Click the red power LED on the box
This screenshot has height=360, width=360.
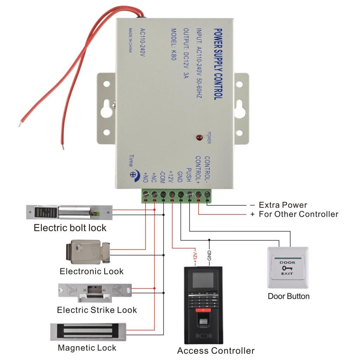[199, 137]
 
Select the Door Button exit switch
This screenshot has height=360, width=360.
[288, 268]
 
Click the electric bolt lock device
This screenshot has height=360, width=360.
[69, 212]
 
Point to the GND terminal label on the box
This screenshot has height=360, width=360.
[180, 175]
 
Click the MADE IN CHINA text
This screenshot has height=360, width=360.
[130, 40]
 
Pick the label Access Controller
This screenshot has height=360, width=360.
[216, 351]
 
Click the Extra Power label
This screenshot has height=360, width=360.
[283, 205]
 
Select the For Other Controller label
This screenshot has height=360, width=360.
[298, 214]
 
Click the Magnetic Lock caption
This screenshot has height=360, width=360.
[87, 348]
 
